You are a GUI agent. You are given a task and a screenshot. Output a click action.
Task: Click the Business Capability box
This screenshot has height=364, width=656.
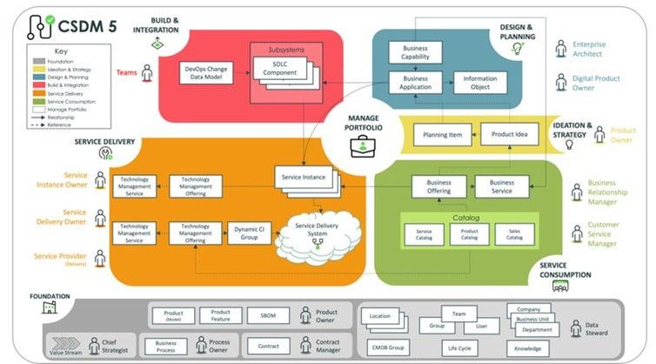pyautogui.click(x=416, y=52)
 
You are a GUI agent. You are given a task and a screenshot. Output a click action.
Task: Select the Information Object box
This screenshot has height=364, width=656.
pyautogui.click(x=479, y=83)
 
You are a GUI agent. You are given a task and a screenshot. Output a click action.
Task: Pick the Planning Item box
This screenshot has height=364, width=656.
pyautogui.click(x=442, y=135)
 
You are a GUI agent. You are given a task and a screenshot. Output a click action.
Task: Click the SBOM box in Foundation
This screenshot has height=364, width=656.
pyautogui.click(x=268, y=316)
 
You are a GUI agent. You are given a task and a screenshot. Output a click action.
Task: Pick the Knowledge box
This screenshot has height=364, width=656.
pyautogui.click(x=529, y=348)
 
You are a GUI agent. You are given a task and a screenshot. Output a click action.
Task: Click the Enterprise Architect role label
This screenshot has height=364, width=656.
pyautogui.click(x=590, y=50)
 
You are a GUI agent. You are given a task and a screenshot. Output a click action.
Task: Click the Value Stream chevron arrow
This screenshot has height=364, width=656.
pyautogui.click(x=65, y=342)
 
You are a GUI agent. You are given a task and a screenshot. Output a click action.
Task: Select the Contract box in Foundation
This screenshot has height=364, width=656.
pyautogui.click(x=268, y=345)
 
